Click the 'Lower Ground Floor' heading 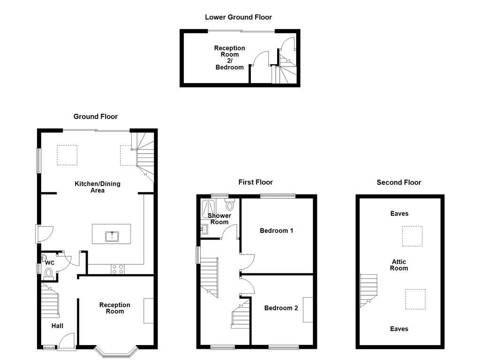pos(238,17)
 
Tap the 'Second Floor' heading pos(399,182)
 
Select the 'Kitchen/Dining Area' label pos(97,187)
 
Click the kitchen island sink pos(112,235)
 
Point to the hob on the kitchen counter pos(118,269)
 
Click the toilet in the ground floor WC pos(48,273)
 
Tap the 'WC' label pos(50,263)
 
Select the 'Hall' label pos(57,326)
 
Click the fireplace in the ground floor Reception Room pos(149,310)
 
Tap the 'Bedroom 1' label pos(277,231)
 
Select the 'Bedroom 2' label pos(281,308)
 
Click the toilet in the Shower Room pos(230,205)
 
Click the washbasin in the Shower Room pos(204,230)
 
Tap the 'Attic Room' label pos(399,265)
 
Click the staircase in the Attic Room pos(368,291)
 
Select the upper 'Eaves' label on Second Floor pos(399,214)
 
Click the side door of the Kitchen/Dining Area pos(45,233)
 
